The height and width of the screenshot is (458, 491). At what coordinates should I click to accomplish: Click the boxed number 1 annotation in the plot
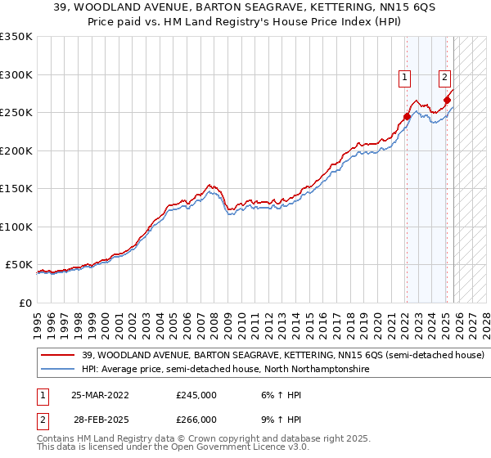tap(405, 78)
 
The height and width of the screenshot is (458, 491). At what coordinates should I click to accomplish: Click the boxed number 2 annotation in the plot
tap(444, 78)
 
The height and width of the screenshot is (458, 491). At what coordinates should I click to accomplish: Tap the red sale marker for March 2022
tap(407, 116)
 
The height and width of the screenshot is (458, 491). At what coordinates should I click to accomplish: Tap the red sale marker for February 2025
tap(447, 101)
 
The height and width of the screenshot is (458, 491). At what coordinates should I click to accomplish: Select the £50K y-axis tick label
tap(20, 265)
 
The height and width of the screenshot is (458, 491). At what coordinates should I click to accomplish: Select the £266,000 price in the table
tap(196, 419)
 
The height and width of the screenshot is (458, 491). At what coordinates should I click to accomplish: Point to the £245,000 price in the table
tap(196, 394)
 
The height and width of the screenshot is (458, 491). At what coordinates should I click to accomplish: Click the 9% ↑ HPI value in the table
tap(281, 419)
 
